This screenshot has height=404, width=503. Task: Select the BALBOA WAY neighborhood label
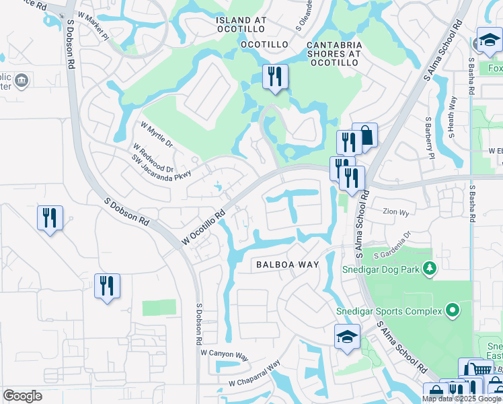pyautogui.click(x=287, y=265)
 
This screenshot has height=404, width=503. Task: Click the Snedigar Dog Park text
pyautogui.click(x=381, y=270)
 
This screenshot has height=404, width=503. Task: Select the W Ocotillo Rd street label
pyautogui.click(x=203, y=229)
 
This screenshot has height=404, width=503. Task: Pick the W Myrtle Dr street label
pyautogui.click(x=157, y=135)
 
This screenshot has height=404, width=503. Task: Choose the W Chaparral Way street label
pyautogui.click(x=254, y=375)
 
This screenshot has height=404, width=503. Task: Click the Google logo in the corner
pyautogui.click(x=22, y=396)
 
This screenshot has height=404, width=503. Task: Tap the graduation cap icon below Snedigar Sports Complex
pyautogui.click(x=347, y=337)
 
